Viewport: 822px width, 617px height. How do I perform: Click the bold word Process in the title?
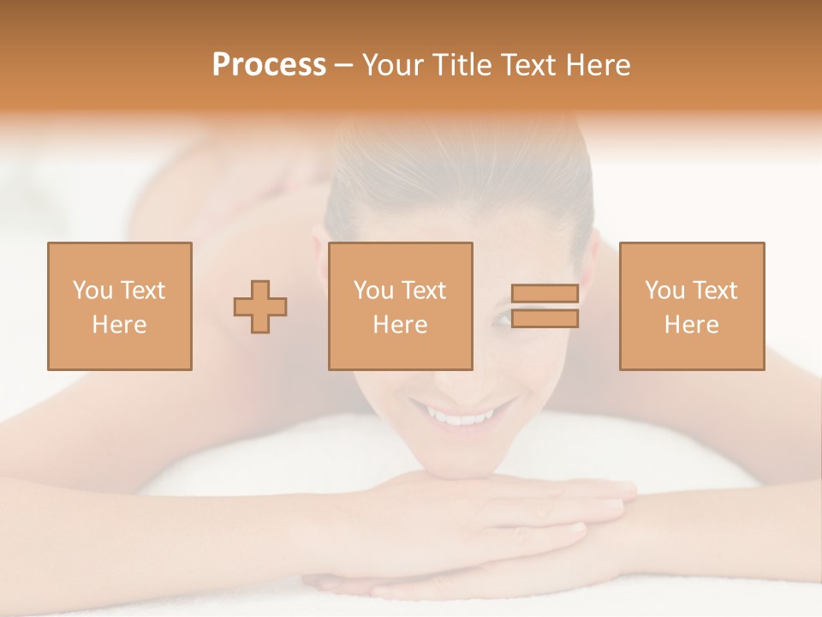tap(269, 64)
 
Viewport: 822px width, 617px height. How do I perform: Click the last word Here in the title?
tap(599, 64)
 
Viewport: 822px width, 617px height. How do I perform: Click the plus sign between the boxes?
tap(260, 306)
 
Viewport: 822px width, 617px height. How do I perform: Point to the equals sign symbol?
tap(545, 306)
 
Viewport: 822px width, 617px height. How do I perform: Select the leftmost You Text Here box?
tap(120, 306)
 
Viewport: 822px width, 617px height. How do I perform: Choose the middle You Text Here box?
tap(401, 306)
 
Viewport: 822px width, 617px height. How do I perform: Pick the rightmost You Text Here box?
tap(692, 306)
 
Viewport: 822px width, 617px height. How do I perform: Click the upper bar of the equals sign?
tap(545, 294)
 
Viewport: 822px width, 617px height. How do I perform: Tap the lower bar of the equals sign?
tap(545, 319)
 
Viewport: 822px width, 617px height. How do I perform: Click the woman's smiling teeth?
tap(463, 417)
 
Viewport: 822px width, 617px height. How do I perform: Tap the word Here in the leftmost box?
tap(120, 325)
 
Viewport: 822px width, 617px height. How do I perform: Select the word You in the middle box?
tap(373, 291)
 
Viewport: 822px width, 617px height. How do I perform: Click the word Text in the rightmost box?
tap(717, 291)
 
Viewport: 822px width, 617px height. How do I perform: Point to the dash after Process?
tap(344, 66)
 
